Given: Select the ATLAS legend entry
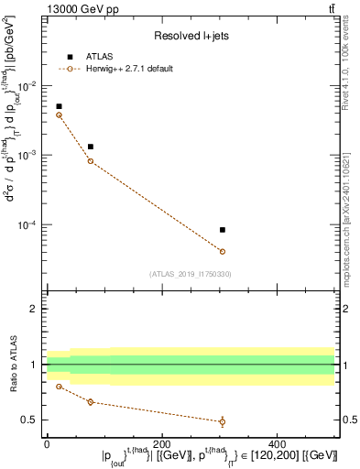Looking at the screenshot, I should pos(92,57).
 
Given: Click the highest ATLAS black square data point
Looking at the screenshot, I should pos(60,106).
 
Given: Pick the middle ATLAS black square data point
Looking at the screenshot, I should pos(90,147).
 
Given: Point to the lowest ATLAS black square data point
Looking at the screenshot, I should pos(223,230).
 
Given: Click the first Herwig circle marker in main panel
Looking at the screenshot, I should pos(60,115).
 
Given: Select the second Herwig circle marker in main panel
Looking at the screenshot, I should pos(90,161).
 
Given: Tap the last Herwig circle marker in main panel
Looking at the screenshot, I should pos(223,251).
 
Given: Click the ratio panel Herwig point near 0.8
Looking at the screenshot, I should pos(60,387).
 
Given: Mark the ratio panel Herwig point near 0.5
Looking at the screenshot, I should pos(223,421).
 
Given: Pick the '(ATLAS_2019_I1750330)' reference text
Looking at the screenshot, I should pos(190,273).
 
